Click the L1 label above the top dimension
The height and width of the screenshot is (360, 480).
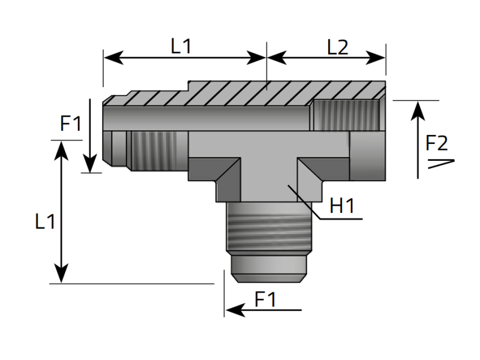[x=181, y=47]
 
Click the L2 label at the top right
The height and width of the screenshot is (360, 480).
[x=337, y=47]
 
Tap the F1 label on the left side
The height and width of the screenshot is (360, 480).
[x=70, y=124]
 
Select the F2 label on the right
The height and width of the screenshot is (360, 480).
[x=436, y=143]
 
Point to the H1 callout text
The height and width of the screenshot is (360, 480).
[x=343, y=206]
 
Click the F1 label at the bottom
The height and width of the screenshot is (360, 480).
[x=265, y=299]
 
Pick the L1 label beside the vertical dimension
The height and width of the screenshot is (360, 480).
[x=44, y=222]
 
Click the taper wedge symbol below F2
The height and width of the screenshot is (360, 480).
[x=441, y=163]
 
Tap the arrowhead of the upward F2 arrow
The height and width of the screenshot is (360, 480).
[x=418, y=109]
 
